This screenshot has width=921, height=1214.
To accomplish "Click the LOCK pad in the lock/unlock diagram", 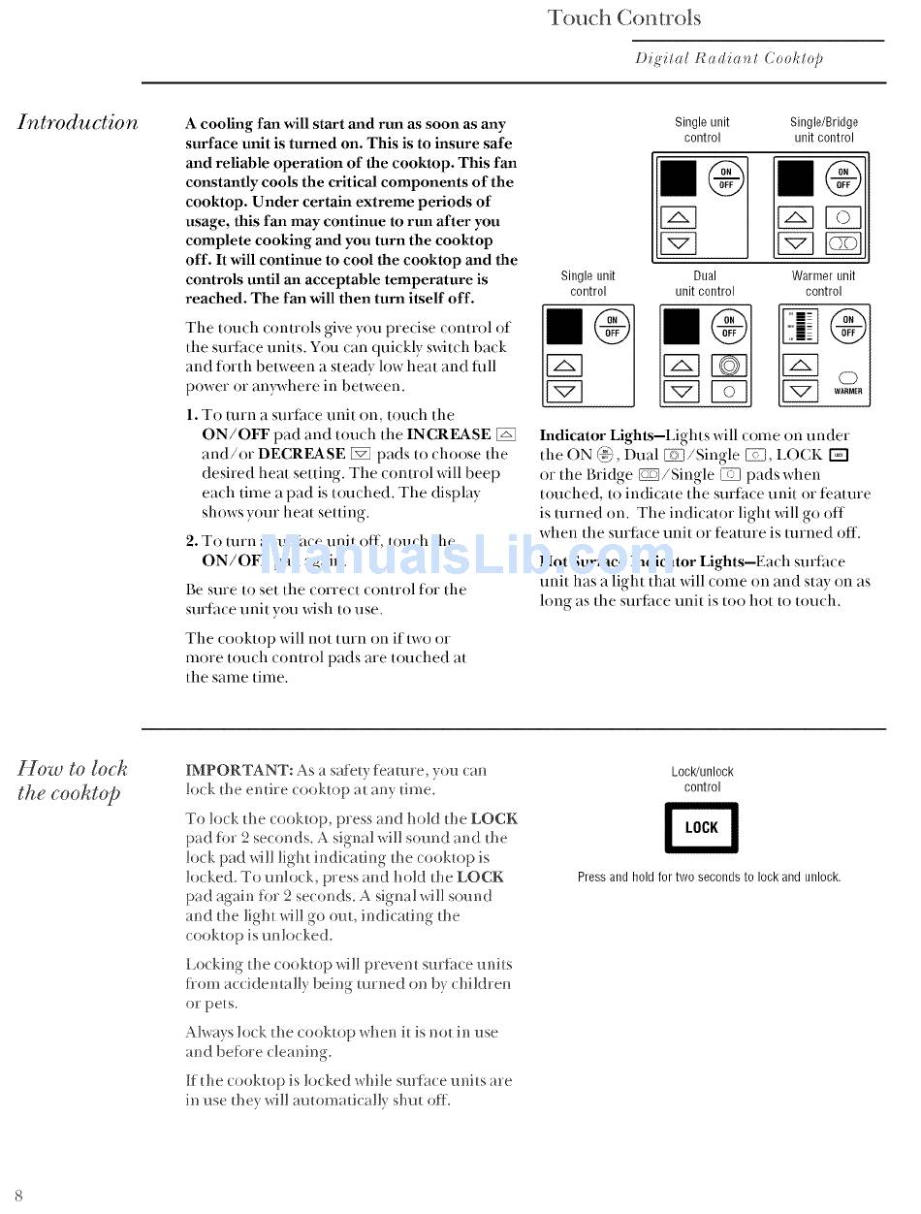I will coord(701,827).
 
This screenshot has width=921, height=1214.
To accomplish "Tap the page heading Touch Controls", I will coord(623,17).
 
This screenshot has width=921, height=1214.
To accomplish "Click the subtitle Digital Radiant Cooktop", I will coord(729,58).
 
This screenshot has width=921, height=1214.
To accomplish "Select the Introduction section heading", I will coord(78,122).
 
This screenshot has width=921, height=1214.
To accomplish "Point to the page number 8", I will coord(18,1195).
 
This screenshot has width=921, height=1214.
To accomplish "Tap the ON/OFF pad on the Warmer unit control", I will coord(847,326).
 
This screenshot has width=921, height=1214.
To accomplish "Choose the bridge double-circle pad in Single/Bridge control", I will coord(842,243).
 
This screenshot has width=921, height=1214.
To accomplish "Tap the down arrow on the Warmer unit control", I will coord(799,392).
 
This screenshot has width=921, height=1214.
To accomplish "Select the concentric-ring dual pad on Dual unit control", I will coord(729,366).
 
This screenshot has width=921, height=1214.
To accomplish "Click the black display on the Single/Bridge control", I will coord(796,178).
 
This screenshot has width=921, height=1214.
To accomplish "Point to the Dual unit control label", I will coord(705,283).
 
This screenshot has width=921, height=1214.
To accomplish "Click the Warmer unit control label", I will coord(823,283).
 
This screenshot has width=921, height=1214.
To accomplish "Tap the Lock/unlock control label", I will coord(702,780).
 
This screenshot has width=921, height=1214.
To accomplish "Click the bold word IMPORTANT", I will coord(238,771).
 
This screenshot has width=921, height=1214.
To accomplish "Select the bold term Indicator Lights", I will coord(596,435).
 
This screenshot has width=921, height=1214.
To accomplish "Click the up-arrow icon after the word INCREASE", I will coord(505,434).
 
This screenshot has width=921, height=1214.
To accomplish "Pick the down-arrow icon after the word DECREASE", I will coord(361,454).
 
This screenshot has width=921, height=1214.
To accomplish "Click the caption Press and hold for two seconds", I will coord(709,878).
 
